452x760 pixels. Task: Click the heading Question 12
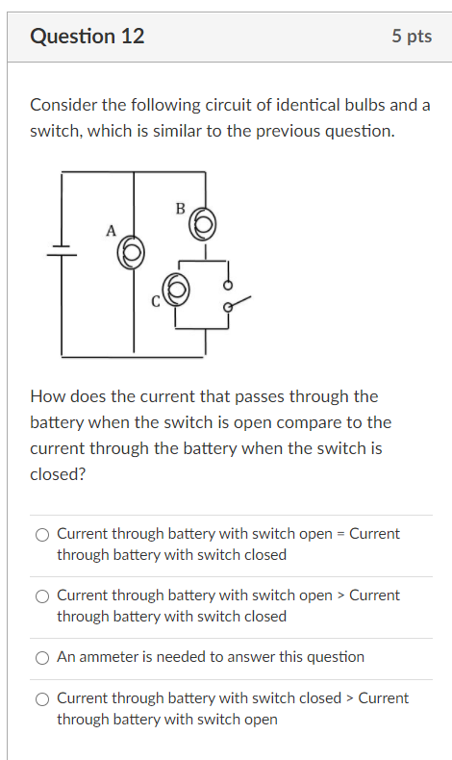click(x=88, y=37)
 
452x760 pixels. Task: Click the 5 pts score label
click(x=412, y=37)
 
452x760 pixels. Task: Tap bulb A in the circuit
click(x=133, y=252)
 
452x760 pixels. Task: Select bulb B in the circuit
click(x=203, y=226)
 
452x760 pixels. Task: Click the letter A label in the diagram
click(x=111, y=231)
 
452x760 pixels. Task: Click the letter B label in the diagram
click(x=180, y=207)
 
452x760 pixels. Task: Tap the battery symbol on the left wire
click(x=62, y=250)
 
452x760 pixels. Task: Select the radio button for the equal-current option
click(x=42, y=535)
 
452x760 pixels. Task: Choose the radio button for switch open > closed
click(x=42, y=596)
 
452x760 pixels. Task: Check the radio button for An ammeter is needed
click(x=42, y=658)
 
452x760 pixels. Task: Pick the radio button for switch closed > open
click(x=42, y=699)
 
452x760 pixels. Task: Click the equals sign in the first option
click(x=339, y=534)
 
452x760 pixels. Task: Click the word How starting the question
click(x=46, y=396)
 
